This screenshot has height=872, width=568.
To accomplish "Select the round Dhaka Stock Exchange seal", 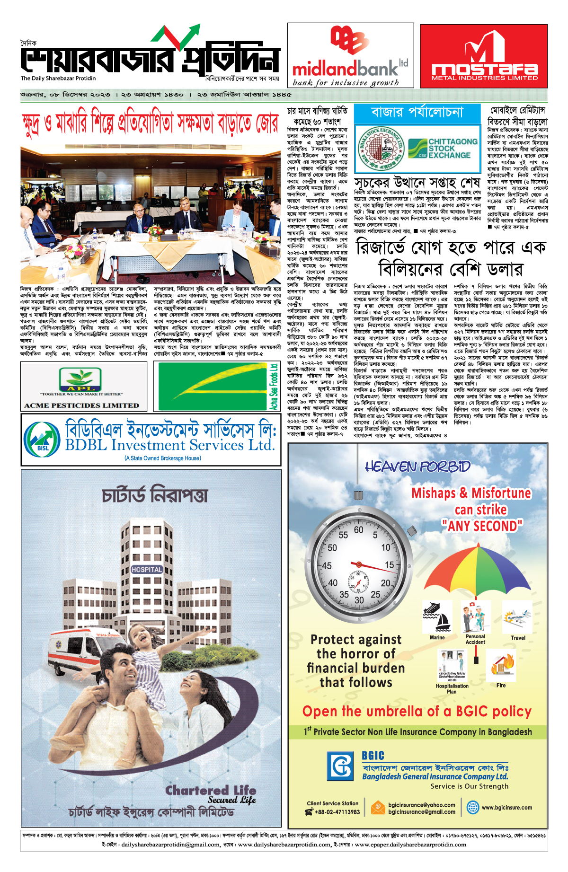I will click(x=380, y=148).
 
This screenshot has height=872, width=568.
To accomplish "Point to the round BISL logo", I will click(x=42, y=440).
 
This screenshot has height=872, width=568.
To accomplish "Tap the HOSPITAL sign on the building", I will click(x=147, y=570).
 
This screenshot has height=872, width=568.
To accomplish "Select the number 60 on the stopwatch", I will click(x=358, y=530).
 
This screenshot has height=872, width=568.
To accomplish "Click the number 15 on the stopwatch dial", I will click(x=389, y=564).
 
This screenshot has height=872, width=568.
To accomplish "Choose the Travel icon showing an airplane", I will click(x=517, y=617).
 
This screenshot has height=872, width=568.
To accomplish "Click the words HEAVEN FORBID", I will click(x=417, y=467).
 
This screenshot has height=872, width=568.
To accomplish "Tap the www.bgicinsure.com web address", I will click(x=506, y=808).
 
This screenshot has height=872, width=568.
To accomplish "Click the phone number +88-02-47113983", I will click(x=337, y=812).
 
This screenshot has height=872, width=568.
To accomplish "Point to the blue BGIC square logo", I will click(x=341, y=766).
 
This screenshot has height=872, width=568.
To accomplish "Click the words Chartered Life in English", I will click(x=211, y=791).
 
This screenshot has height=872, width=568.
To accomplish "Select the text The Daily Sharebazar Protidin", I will click(x=58, y=79).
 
